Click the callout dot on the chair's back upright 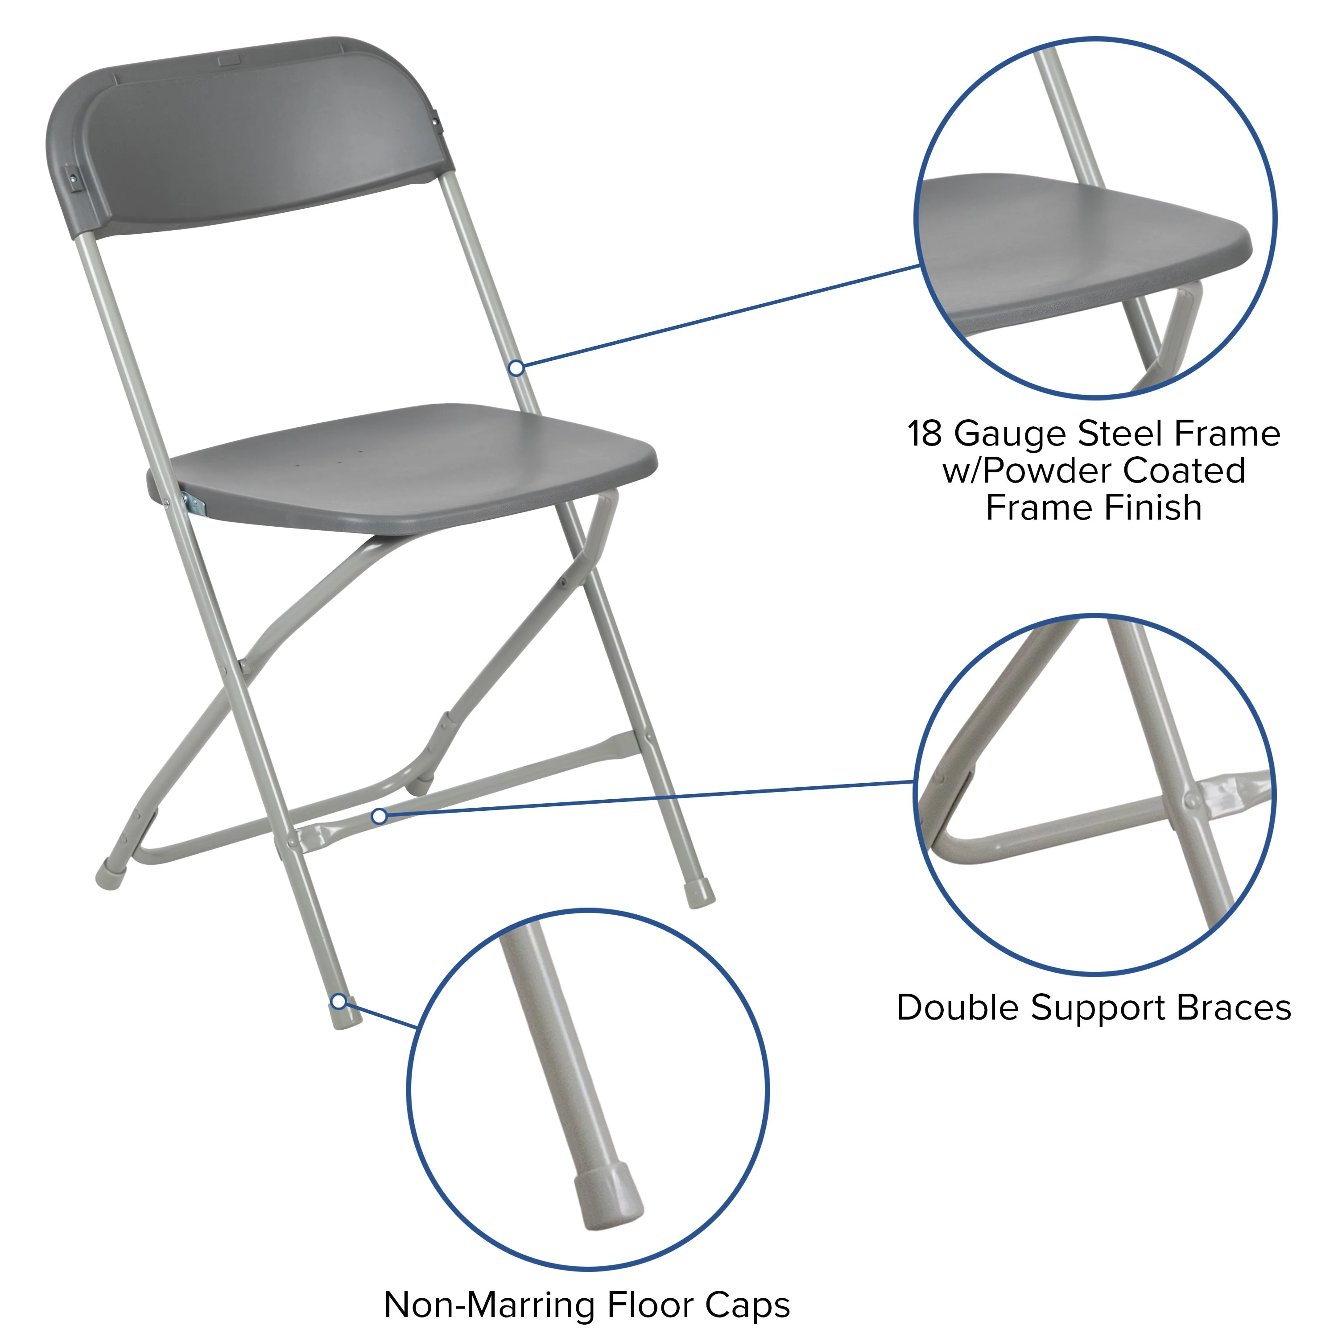(x=516, y=368)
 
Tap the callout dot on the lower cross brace (x=379, y=817)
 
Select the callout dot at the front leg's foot (x=339, y=1001)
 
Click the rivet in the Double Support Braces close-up (x=1190, y=802)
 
